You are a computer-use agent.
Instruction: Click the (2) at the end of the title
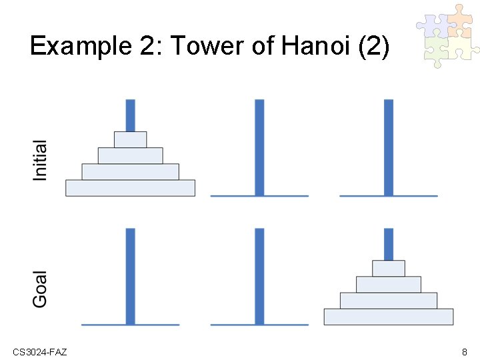[373, 47]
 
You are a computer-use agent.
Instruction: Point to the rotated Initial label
[40, 160]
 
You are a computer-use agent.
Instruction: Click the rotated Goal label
[40, 289]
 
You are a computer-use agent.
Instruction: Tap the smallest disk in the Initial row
[130, 139]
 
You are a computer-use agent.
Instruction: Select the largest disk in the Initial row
[130, 188]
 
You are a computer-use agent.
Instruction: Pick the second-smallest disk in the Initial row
[130, 155]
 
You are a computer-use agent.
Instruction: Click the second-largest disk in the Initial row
[130, 171]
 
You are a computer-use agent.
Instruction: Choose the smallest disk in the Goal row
[389, 268]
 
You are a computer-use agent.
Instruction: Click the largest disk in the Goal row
[389, 317]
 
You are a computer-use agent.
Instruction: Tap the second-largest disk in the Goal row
[389, 301]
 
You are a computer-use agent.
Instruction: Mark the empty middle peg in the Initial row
[259, 147]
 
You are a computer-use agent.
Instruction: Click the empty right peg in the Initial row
[389, 147]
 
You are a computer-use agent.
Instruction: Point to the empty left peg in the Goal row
[130, 276]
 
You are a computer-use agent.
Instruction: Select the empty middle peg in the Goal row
[259, 276]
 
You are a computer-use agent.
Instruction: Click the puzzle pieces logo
[447, 36]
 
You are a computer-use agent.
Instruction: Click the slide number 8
[464, 351]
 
